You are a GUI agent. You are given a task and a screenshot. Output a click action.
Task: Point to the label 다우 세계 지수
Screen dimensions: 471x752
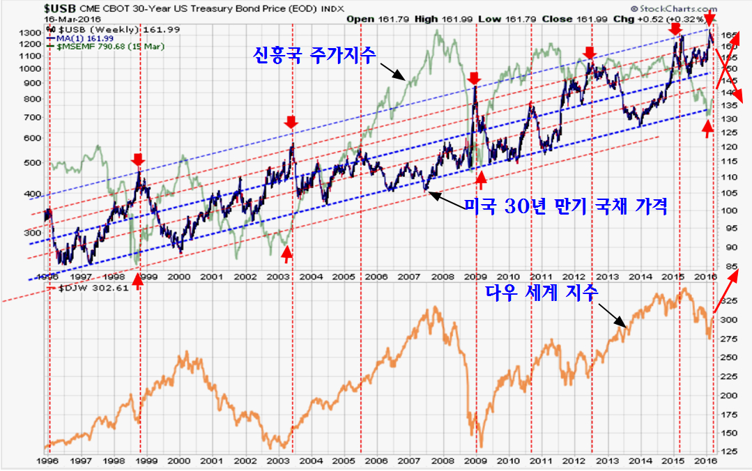[x=542, y=293]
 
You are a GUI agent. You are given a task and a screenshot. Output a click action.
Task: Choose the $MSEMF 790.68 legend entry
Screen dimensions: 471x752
[x=100, y=46]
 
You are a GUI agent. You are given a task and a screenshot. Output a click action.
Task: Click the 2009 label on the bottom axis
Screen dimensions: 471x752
[x=475, y=461]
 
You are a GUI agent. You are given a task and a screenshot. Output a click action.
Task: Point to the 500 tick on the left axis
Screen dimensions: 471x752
[x=33, y=163]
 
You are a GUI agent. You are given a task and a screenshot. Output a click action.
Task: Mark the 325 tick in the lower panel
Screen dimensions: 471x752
[x=726, y=301]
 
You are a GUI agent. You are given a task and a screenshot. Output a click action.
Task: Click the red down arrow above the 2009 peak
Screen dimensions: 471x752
[x=475, y=77]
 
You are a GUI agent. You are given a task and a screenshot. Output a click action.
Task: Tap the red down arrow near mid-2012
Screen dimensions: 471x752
[x=590, y=53]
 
